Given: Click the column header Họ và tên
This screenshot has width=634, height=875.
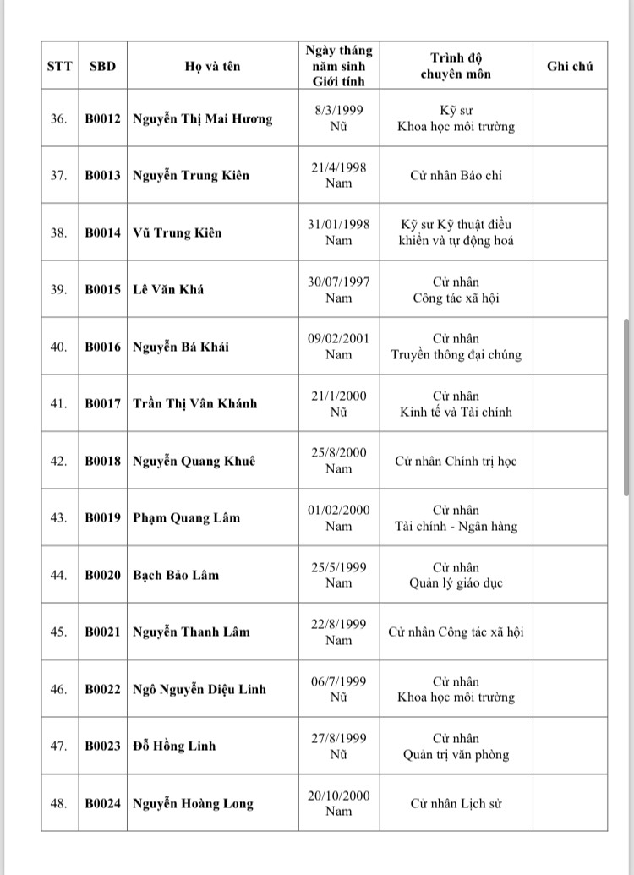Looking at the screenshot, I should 212,66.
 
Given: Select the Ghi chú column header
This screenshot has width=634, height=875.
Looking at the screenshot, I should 570,66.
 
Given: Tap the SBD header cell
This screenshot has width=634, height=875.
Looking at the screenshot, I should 102,66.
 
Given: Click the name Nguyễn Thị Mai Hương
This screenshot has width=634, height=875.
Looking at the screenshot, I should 203,119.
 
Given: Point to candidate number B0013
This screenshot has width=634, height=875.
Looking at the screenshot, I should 102,176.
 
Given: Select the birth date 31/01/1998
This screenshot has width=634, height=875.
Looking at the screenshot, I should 338,224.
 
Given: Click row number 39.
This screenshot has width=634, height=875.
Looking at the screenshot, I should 58,290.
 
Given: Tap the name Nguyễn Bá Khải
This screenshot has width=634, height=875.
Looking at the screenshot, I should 181,347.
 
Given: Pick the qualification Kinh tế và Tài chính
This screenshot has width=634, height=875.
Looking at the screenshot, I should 456,412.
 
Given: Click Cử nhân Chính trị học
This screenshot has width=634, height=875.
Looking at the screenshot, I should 456,462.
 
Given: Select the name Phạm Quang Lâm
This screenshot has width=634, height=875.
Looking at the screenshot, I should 186,518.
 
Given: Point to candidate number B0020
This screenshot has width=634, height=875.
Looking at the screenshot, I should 102,575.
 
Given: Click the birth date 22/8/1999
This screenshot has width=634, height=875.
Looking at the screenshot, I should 338,624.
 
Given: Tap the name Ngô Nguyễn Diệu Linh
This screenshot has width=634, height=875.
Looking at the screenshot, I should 199,689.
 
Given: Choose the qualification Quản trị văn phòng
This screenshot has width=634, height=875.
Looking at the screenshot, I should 456,754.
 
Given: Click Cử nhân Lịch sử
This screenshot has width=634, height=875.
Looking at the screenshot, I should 456,803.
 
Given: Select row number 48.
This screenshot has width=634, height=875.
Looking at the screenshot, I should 58,803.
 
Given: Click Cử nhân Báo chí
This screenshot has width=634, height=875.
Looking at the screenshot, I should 456,176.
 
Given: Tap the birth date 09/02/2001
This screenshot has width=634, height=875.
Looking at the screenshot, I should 338,338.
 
